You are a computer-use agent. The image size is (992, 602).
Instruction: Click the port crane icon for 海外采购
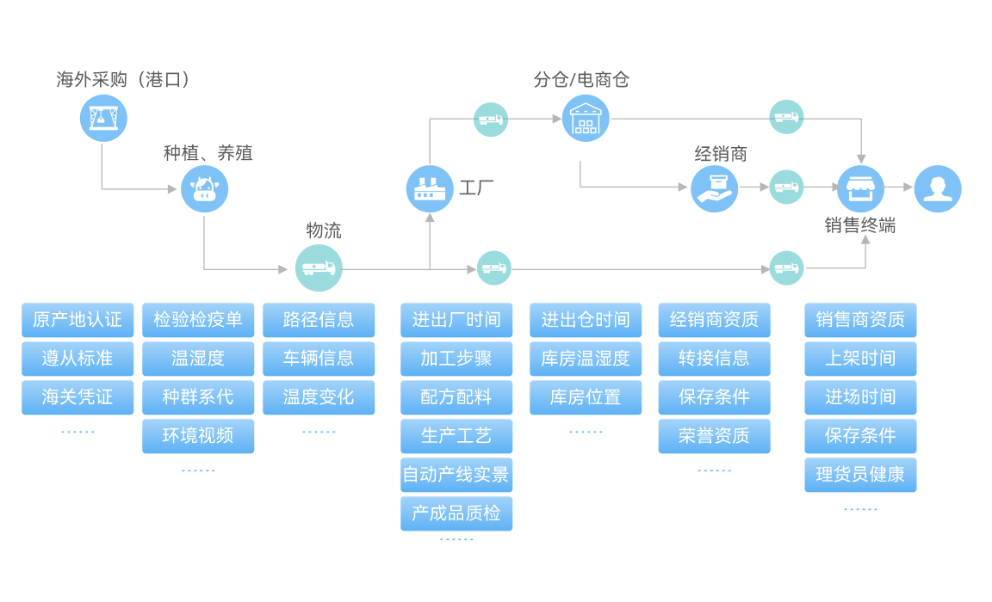(103, 118)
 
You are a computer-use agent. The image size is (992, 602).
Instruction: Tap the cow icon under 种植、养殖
(204, 189)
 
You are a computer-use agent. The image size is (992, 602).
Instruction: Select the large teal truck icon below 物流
(319, 269)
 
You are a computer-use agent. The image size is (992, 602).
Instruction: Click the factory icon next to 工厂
(430, 188)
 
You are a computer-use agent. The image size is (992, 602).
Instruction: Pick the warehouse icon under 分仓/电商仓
(586, 118)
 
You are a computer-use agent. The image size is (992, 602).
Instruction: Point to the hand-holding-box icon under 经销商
(714, 188)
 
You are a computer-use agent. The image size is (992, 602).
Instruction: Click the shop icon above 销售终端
(860, 188)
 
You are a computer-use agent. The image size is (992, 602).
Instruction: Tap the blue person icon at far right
(937, 188)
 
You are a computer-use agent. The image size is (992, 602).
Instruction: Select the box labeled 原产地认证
(77, 320)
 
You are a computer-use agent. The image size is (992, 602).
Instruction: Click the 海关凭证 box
(77, 397)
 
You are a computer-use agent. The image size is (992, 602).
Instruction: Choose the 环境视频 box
(198, 436)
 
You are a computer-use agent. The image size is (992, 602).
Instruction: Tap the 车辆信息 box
(319, 359)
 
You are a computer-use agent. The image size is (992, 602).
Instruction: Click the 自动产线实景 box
(456, 475)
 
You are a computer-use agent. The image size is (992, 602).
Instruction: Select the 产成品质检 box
(456, 513)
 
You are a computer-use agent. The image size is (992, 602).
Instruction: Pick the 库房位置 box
(586, 397)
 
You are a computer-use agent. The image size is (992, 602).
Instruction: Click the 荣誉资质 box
(714, 436)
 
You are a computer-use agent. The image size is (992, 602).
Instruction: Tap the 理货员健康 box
(860, 475)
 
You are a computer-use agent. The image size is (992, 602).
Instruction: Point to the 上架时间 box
(860, 359)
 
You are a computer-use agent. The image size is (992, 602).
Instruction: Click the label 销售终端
(860, 225)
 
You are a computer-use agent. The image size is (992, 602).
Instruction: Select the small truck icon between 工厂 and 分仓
(491, 119)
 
